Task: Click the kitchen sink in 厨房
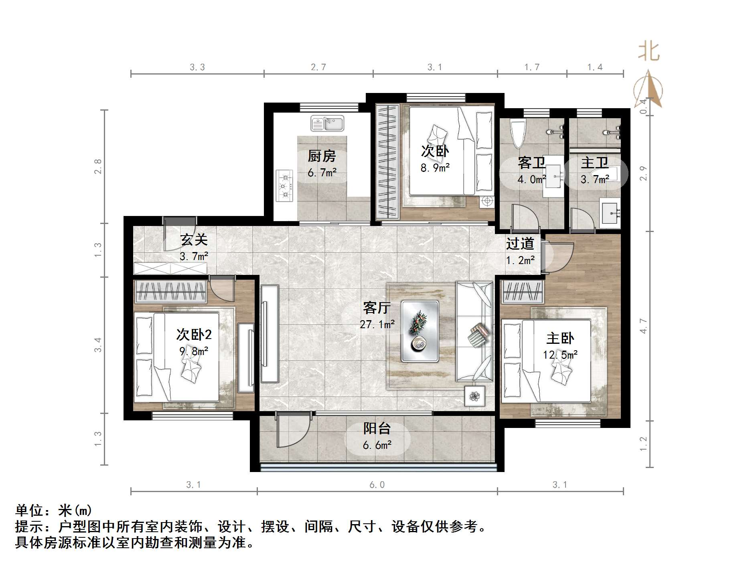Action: pyautogui.click(x=327, y=123)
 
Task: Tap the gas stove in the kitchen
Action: pyautogui.click(x=285, y=186)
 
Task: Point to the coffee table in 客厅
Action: pyautogui.click(x=420, y=331)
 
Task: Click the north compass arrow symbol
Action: pyautogui.click(x=648, y=90)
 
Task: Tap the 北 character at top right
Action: pyautogui.click(x=649, y=52)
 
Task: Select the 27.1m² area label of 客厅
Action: pyautogui.click(x=377, y=324)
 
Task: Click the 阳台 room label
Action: pyautogui.click(x=377, y=428)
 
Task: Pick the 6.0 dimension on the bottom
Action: pyautogui.click(x=377, y=485)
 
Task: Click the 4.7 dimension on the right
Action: pyautogui.click(x=643, y=325)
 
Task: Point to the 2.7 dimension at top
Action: pyautogui.click(x=318, y=67)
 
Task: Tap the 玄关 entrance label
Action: pyautogui.click(x=194, y=240)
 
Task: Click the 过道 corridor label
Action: pyautogui.click(x=520, y=243)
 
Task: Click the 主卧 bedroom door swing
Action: pyautogui.click(x=559, y=256)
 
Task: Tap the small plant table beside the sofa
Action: pyautogui.click(x=474, y=396)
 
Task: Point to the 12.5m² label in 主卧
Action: pyautogui.click(x=560, y=355)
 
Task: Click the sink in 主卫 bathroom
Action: pyautogui.click(x=610, y=212)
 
